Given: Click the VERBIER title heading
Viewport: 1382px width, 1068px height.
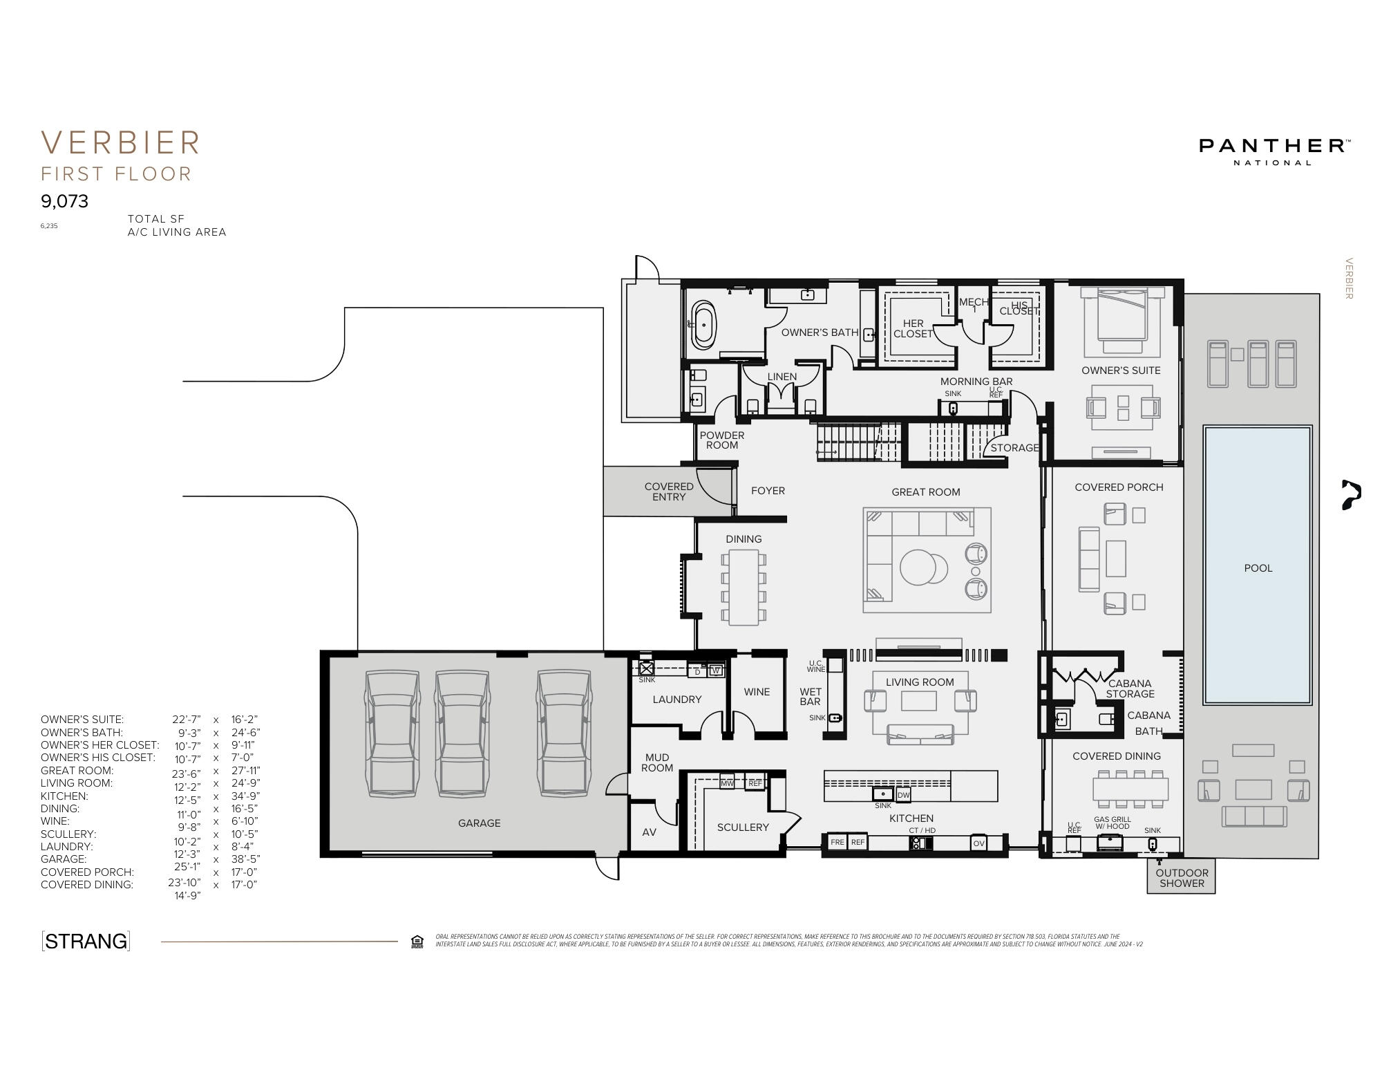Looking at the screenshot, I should (x=121, y=143).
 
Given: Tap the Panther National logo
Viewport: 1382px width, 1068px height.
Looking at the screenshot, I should (x=1275, y=151).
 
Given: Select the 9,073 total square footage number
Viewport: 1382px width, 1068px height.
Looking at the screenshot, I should (x=65, y=201).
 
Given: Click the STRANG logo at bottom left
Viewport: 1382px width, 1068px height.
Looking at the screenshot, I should (x=86, y=941).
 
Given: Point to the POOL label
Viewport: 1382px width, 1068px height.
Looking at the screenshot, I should (x=1258, y=568).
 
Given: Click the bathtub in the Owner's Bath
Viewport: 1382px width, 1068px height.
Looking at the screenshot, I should (x=705, y=324).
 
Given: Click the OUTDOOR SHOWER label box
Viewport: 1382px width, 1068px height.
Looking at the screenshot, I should (x=1182, y=878).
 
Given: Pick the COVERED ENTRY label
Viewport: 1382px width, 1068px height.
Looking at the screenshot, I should (x=668, y=491).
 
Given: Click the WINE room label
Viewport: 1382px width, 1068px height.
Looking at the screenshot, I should (x=757, y=692).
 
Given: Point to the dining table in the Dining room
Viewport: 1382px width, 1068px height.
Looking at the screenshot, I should (x=744, y=587).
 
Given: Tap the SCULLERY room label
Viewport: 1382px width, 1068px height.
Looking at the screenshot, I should (x=743, y=827).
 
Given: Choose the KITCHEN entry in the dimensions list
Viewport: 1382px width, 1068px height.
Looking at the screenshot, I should (x=64, y=796).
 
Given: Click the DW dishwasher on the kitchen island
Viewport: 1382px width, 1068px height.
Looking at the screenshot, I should (x=904, y=795).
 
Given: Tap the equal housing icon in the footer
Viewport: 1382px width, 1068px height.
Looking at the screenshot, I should (x=417, y=941).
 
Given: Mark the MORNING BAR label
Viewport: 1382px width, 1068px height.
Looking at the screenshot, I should (x=976, y=382).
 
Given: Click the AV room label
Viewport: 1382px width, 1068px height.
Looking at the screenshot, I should (x=649, y=832).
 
